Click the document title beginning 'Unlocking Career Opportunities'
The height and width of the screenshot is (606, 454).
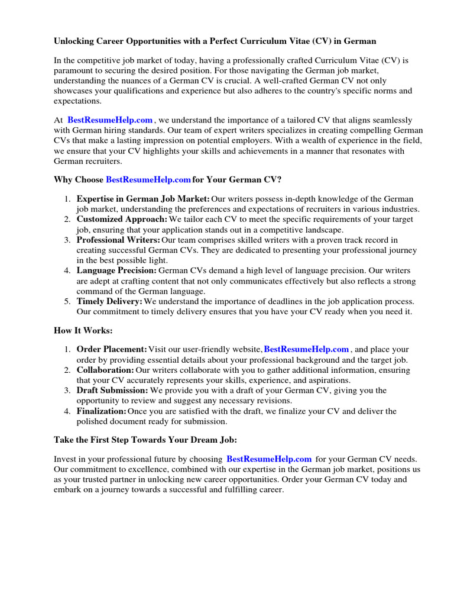(215, 41)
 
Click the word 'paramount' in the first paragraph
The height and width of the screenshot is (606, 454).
(73, 70)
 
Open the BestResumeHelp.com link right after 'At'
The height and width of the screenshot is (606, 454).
(110, 120)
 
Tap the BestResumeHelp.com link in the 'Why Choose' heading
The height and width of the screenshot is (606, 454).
(148, 179)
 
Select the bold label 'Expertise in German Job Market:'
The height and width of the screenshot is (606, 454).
(143, 199)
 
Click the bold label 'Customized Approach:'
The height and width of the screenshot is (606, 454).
(122, 220)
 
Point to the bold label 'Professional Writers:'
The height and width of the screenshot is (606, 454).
(118, 240)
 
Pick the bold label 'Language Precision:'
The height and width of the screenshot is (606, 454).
(116, 270)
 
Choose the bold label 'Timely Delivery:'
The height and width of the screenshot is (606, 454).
(109, 301)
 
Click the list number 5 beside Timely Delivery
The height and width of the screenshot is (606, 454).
(67, 301)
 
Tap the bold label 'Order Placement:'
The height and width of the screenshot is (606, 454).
(112, 350)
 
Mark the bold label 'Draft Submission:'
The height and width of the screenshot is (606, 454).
(112, 391)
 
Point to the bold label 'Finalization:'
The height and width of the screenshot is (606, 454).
(101, 411)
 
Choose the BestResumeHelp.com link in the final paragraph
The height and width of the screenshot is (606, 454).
(269, 459)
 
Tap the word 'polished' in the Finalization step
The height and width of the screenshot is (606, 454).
(92, 421)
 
